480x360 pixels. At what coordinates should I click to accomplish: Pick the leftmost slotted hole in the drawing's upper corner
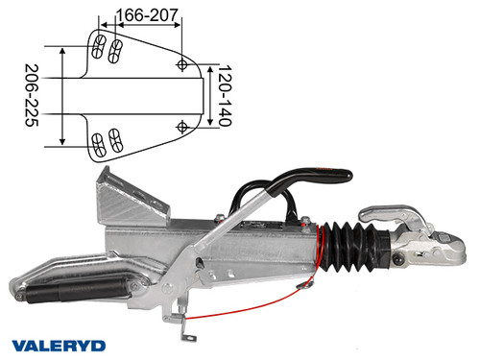pyautogui.click(x=97, y=46)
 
